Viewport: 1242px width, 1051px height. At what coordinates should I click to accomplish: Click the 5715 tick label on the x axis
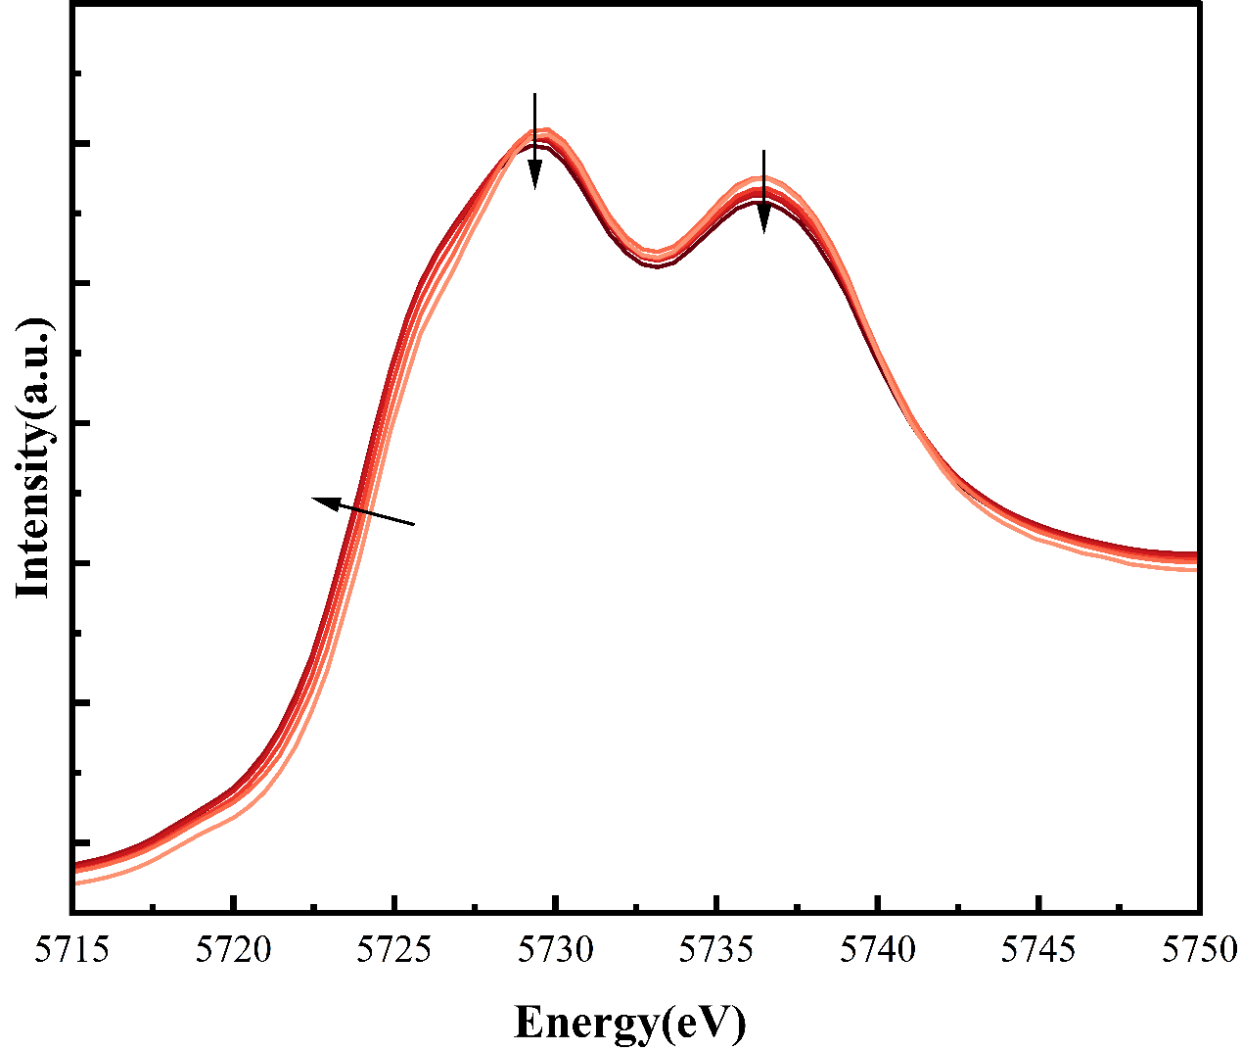click(x=72, y=949)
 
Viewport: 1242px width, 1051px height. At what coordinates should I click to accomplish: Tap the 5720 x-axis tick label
click(x=233, y=949)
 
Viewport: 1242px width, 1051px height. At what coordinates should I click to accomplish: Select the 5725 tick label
click(x=394, y=949)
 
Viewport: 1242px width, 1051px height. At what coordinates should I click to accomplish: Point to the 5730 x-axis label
click(x=556, y=949)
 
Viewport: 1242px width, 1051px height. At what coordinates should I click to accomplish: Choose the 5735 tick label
click(x=717, y=949)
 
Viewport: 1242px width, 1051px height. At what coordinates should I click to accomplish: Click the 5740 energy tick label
click(x=878, y=949)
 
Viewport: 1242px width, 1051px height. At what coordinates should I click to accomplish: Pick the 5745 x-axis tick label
click(x=1039, y=949)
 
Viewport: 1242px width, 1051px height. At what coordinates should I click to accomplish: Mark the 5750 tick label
click(x=1198, y=949)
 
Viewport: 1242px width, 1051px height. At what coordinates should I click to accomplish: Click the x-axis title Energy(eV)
click(x=629, y=1023)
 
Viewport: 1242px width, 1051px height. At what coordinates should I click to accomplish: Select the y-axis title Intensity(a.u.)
click(x=33, y=456)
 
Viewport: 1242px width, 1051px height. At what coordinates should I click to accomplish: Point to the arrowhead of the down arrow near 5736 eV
click(x=764, y=228)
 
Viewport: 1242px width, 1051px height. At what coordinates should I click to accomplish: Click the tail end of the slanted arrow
click(x=415, y=525)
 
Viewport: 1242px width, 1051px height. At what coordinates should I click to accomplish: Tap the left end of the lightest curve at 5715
click(x=75, y=883)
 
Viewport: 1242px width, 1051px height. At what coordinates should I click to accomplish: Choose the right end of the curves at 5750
click(x=1196, y=560)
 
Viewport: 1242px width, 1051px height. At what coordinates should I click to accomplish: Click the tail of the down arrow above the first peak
click(x=534, y=94)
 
